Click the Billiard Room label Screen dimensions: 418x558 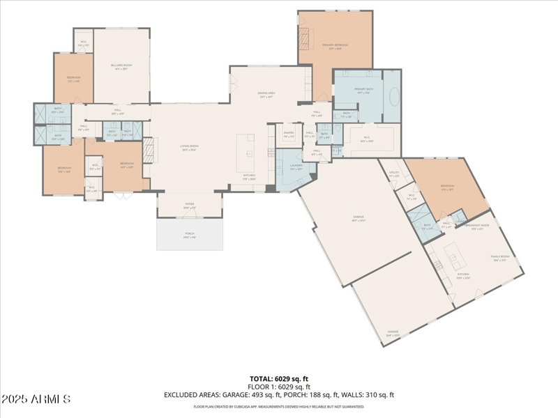pyautogui.click(x=121, y=66)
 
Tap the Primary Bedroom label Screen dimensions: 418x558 pyautogui.click(x=335, y=46)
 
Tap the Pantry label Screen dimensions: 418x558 pyautogui.click(x=288, y=134)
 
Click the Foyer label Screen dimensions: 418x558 pyautogui.click(x=190, y=206)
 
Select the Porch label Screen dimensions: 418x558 pyautogui.click(x=190, y=236)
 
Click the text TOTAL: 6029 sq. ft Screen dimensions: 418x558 pyautogui.click(x=279, y=379)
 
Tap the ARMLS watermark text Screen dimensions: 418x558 pyautogui.click(x=36, y=399)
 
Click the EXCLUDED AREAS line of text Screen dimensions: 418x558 pyautogui.click(x=279, y=394)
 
